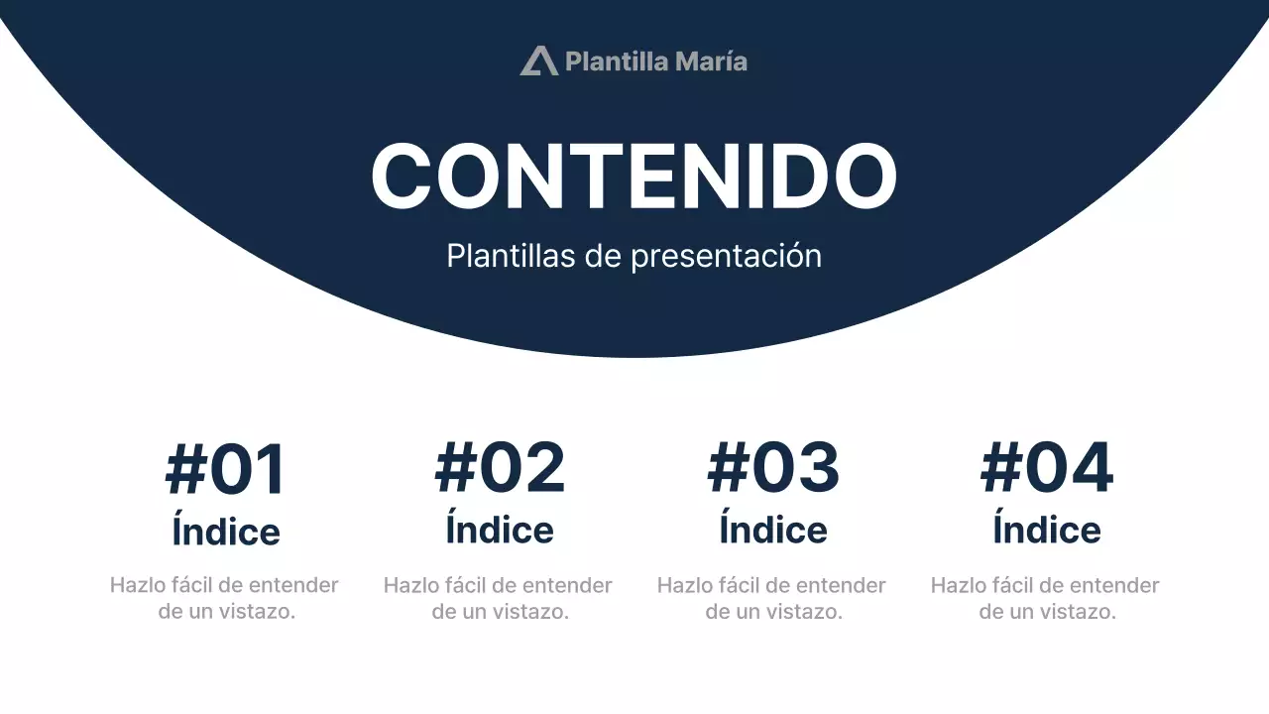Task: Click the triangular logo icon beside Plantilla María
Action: coord(538,61)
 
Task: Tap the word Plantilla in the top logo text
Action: coord(615,61)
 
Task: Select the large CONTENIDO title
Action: coord(634,176)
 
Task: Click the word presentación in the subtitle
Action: coord(726,256)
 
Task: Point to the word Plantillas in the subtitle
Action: coord(511,256)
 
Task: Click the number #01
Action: coord(226,470)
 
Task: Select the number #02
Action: coord(500,470)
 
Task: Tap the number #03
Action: coord(773,470)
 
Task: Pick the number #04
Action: coord(1047,470)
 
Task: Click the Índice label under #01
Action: coord(226,531)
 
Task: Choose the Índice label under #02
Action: coord(500,531)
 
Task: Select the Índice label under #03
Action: coord(773,531)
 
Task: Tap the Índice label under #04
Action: coord(1047,531)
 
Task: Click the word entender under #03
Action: coord(840,586)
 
